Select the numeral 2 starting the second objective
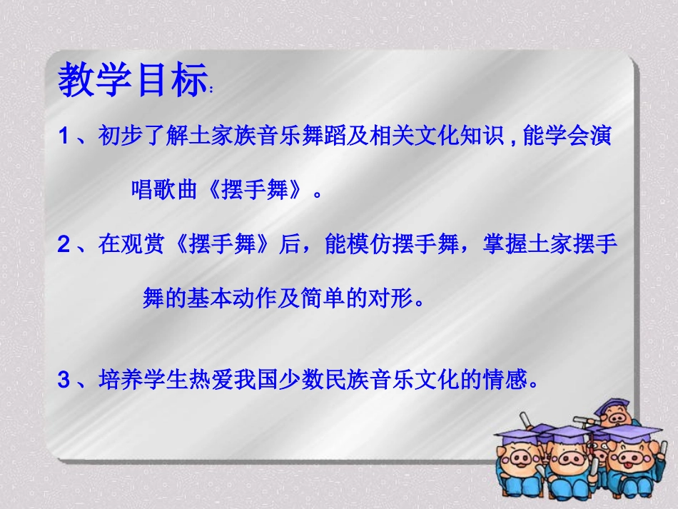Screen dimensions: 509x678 click(x=64, y=246)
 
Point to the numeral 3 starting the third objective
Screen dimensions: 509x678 click(x=64, y=381)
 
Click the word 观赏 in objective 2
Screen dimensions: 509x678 click(x=143, y=246)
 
